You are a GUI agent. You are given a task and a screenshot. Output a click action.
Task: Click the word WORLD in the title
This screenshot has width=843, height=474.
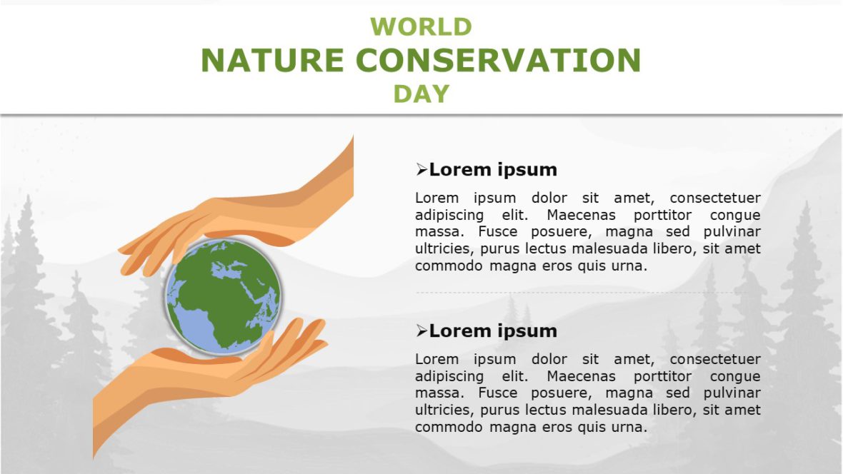[421, 27]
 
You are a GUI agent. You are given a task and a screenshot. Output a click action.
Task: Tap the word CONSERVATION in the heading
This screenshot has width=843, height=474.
[498, 61]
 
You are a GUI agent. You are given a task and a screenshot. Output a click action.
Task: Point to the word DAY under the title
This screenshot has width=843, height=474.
[421, 94]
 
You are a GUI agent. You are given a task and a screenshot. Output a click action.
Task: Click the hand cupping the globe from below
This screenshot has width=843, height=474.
[214, 371]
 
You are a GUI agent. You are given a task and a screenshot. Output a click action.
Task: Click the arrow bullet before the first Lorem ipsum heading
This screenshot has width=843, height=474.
[421, 170]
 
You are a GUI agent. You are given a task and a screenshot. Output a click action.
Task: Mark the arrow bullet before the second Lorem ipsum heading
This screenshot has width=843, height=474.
[421, 331]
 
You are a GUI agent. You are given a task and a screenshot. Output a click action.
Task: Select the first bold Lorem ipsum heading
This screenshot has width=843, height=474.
[493, 170]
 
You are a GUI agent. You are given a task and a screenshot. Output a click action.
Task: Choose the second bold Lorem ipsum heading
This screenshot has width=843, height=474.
[493, 331]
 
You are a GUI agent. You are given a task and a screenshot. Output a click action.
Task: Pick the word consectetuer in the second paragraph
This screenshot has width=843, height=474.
[715, 359]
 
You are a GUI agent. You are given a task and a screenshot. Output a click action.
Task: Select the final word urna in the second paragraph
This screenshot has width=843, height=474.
[629, 428]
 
